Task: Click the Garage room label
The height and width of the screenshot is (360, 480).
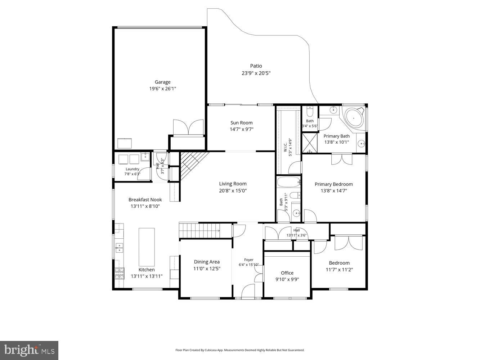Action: pos(162,82)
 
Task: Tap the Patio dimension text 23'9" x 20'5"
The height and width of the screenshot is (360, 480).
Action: pos(256,73)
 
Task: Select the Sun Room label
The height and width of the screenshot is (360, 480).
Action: pos(241,123)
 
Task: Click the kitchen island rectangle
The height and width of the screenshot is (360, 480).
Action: pos(147,247)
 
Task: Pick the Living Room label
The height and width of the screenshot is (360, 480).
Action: pos(233,184)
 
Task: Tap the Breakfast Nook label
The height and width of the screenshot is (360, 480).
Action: pos(145,200)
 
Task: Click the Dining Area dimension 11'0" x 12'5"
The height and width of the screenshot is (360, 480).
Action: pos(207,269)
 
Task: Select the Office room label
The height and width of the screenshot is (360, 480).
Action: pos(287,273)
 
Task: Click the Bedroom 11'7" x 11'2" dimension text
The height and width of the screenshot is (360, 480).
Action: pos(339,270)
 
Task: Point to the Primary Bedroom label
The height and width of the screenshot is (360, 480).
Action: pos(333,184)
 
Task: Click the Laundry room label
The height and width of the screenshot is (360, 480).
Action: pos(132,169)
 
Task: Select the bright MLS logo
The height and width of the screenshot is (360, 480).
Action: pos(29,350)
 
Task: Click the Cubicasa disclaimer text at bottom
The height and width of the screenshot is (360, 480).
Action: pos(240,350)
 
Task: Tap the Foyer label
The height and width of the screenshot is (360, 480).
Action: pos(248,260)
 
